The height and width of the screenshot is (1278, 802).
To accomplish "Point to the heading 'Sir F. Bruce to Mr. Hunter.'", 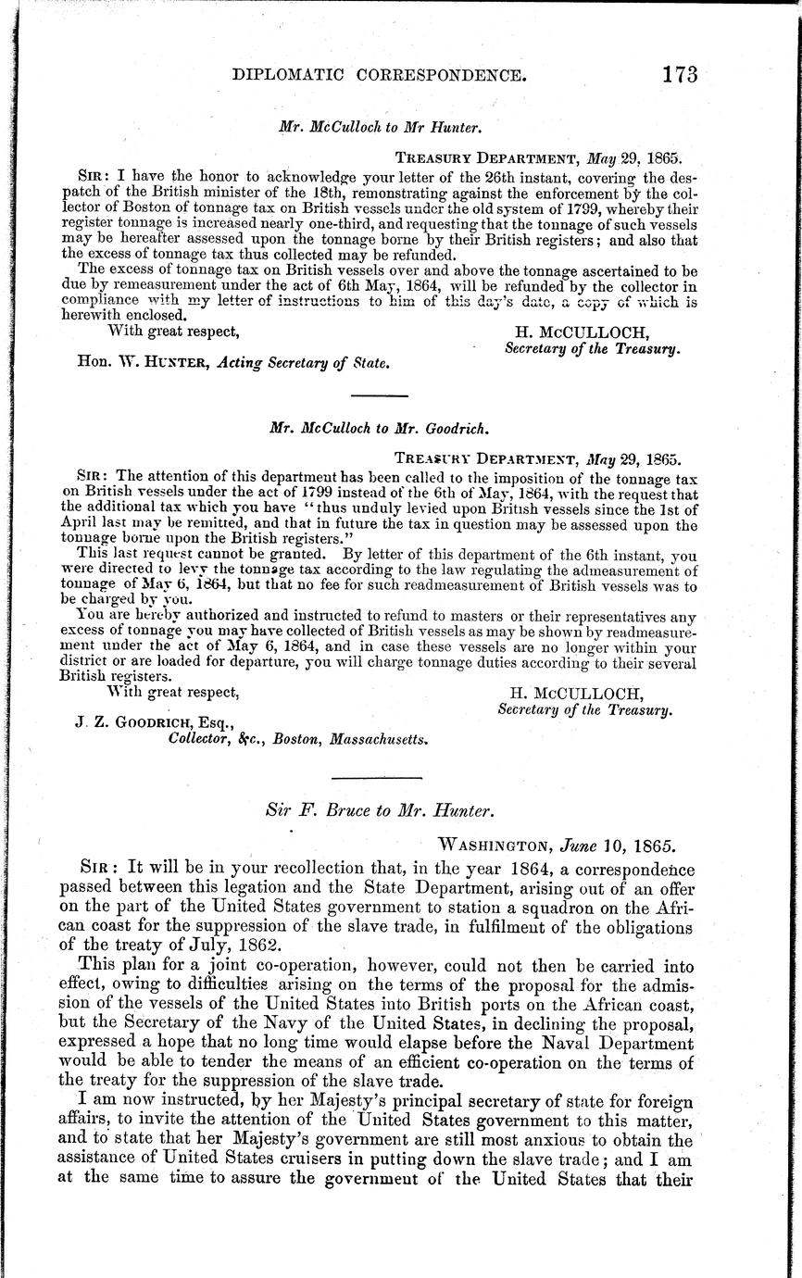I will pos(379,811).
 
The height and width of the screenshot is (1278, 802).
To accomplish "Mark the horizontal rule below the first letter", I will pos(380,395).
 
